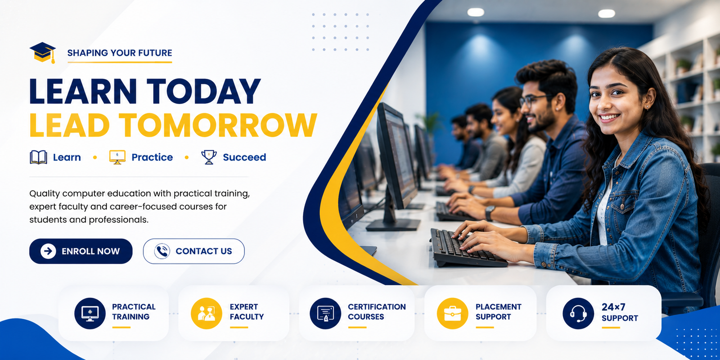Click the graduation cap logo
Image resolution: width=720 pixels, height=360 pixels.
[x=43, y=52]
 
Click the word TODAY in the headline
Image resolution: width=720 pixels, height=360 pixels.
[x=203, y=91]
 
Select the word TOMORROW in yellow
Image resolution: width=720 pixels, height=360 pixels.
[x=218, y=125]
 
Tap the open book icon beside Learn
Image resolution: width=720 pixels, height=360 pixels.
[x=39, y=157]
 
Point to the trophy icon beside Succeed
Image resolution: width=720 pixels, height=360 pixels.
[x=209, y=157]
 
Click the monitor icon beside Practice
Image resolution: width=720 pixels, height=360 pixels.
[x=117, y=157]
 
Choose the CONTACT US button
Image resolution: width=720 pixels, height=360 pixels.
[x=194, y=251]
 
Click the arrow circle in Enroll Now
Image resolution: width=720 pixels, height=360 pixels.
[x=48, y=251]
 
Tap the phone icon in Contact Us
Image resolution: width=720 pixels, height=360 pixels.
[x=162, y=251]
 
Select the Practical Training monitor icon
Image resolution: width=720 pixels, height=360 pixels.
[x=90, y=313]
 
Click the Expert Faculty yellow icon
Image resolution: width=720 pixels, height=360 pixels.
[x=207, y=313]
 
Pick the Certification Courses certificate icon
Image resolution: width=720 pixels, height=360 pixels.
[x=325, y=313]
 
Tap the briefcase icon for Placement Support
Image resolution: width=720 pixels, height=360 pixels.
[x=453, y=313]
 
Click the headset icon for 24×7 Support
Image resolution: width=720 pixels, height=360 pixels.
[x=578, y=313]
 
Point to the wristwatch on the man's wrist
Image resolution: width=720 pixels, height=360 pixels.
[x=489, y=213]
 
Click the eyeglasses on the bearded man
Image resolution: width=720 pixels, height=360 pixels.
[x=535, y=100]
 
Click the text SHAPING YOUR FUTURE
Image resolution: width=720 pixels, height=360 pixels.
[x=120, y=53]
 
